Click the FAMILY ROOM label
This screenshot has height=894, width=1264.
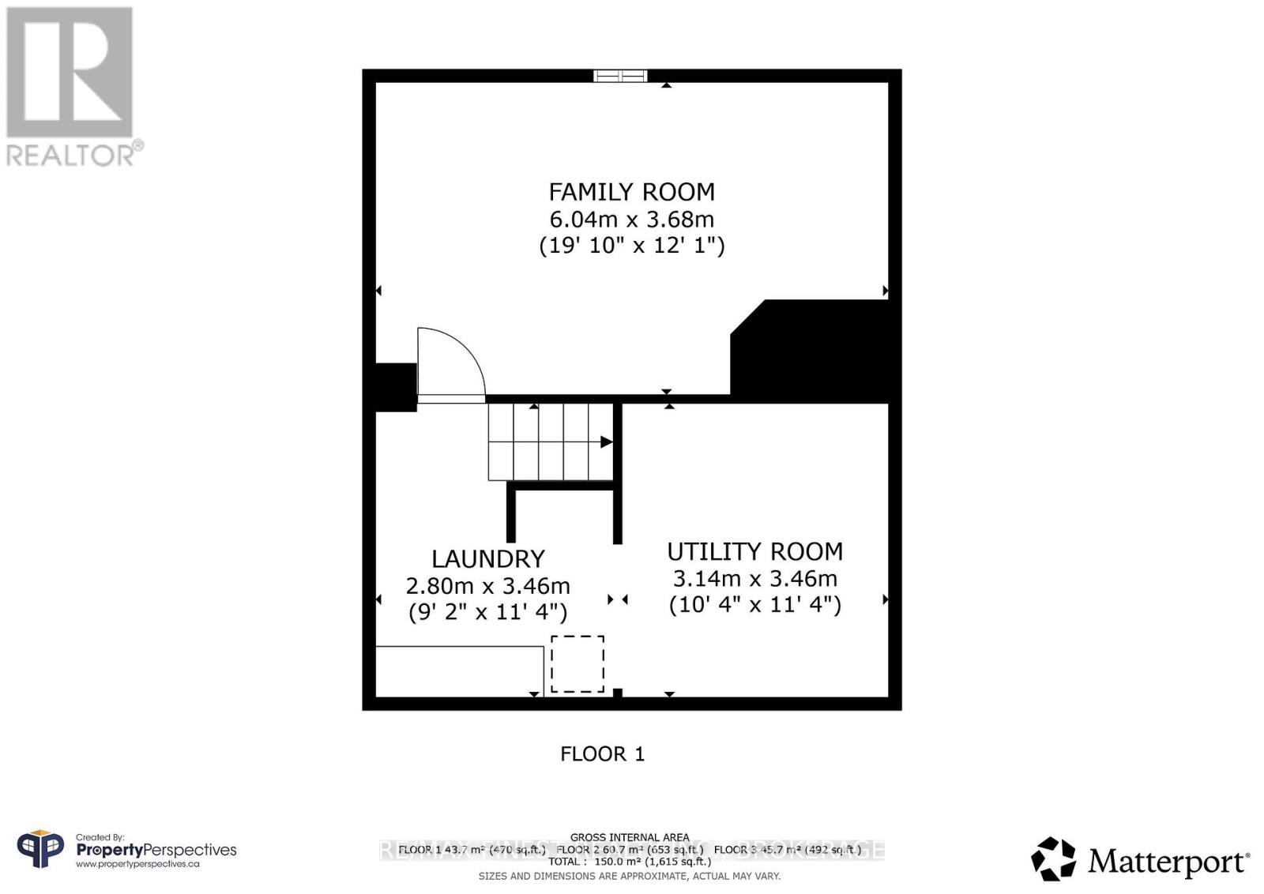631,192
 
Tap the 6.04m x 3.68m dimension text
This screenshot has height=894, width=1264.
631,219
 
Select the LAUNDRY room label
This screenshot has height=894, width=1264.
487,559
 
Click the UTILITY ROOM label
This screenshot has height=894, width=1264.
754,551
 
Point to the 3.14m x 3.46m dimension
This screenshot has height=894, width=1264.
754,579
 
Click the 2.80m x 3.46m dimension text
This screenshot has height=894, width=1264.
487,586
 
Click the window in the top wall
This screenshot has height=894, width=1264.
620,76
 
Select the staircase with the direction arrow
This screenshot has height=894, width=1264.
550,441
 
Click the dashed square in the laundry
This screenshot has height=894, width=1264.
577,664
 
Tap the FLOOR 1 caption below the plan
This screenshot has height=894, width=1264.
602,754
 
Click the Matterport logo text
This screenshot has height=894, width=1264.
1168,861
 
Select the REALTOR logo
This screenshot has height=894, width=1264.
71,87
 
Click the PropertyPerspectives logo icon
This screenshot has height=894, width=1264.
40,850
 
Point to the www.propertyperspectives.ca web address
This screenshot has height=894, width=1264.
137,864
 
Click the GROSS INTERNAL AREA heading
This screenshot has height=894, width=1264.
630,837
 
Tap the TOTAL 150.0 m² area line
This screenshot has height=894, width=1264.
630,862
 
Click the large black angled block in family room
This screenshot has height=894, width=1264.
814,351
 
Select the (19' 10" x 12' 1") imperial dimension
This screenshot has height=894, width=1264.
631,245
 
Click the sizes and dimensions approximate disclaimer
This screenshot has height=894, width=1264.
630,876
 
